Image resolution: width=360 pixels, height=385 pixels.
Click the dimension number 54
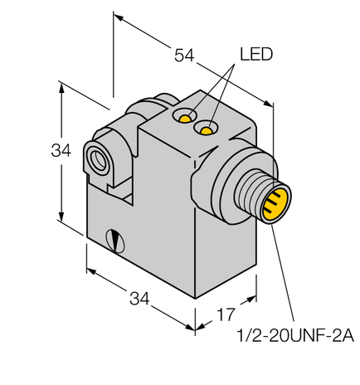pyautogui.click(x=185, y=56)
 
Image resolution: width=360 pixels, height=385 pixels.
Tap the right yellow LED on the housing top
pyautogui.click(x=205, y=129)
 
